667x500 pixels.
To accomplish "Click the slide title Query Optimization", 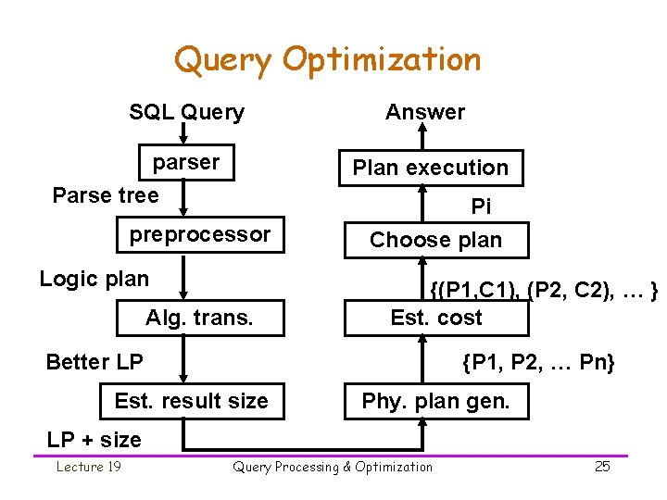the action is click(327, 60).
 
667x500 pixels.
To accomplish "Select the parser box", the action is click(186, 163).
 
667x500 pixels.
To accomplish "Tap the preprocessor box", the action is click(199, 235).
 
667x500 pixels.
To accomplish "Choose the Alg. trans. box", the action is click(199, 319).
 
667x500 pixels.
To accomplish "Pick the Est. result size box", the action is click(191, 401).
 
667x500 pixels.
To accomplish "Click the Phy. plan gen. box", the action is click(435, 401).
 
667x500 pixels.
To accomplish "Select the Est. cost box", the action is click(436, 318).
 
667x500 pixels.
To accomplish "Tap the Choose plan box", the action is click(435, 240).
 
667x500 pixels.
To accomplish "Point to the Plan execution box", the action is click(430, 168).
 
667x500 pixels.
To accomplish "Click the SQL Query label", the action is click(186, 113).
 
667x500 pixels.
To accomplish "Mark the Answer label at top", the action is click(425, 113).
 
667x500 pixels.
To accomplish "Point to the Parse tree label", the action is click(106, 195).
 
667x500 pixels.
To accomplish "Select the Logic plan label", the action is click(94, 279).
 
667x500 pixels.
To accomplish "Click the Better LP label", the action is click(94, 362).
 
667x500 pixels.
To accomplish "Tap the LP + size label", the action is click(94, 440).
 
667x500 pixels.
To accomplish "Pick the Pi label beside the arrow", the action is click(481, 206).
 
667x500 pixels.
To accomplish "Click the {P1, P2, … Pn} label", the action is click(538, 362).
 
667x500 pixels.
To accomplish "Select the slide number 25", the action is click(602, 467).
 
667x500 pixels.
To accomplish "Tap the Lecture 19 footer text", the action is click(88, 467).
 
